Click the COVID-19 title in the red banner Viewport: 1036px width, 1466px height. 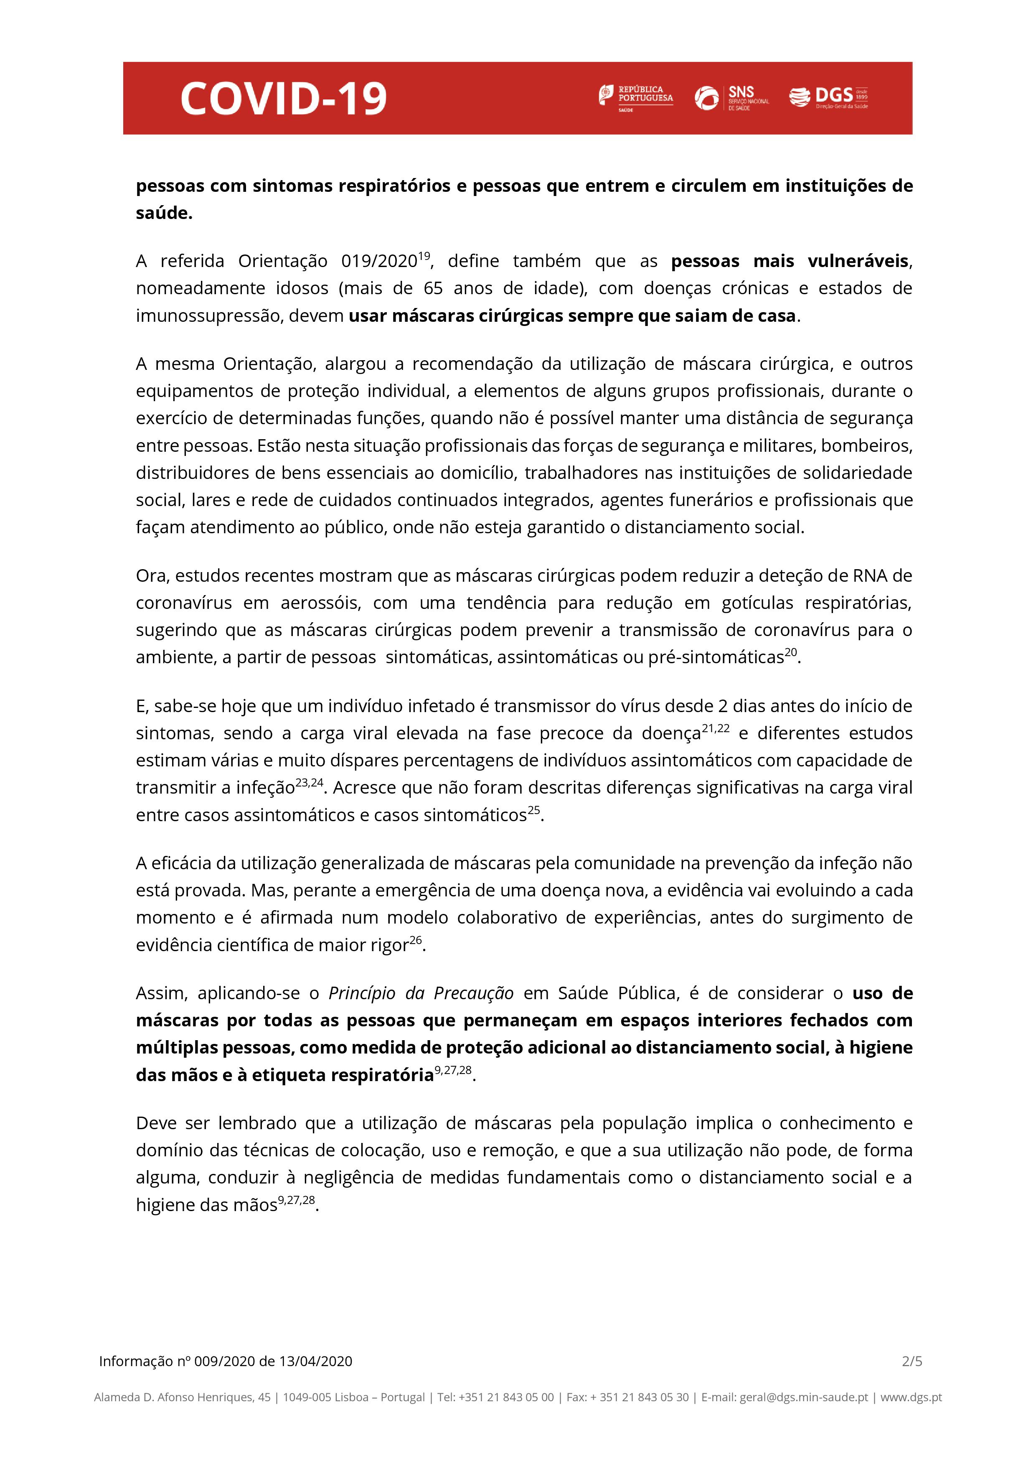click(283, 98)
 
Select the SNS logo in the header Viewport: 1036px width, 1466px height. click(731, 98)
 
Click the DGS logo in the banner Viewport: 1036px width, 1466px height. click(828, 97)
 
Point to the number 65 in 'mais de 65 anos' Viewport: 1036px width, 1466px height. click(434, 289)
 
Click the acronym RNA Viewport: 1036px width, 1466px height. click(871, 576)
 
